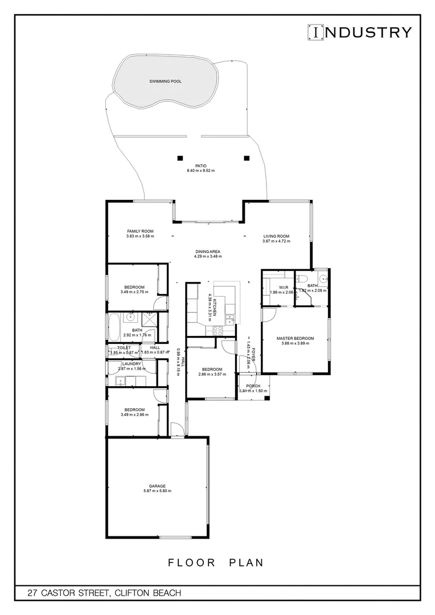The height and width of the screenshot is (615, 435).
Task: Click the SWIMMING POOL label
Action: [165, 81]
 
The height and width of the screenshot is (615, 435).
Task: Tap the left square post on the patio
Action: [180, 158]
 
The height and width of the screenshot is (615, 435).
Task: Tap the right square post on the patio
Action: [247, 158]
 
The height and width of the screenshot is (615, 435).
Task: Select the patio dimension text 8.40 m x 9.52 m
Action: [200, 171]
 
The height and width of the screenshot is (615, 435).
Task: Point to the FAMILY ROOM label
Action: [140, 231]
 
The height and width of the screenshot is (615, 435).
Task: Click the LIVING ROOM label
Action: [276, 236]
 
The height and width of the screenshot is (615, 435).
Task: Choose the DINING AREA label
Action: [208, 251]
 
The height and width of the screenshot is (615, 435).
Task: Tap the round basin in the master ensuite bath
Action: [323, 278]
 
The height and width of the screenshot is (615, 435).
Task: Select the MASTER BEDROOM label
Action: [295, 338]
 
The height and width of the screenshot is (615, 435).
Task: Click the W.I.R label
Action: [281, 286]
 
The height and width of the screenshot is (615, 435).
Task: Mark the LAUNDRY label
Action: [132, 363]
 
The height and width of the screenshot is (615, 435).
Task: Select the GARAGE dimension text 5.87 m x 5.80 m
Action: [157, 491]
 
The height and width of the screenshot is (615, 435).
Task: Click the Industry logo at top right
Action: [359, 32]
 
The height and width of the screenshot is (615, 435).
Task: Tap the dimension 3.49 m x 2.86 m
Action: [134, 415]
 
